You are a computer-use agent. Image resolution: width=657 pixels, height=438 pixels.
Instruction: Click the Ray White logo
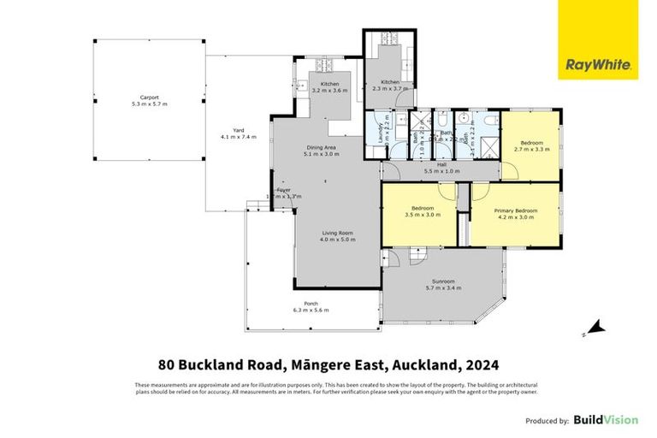coord(598,64)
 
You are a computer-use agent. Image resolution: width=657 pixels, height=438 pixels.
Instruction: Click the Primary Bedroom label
coord(515,213)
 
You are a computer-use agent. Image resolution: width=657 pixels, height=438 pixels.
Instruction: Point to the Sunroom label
coord(442,284)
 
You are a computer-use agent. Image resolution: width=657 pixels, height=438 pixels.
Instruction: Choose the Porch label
coord(311,306)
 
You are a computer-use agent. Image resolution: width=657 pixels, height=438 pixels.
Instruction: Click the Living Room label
coord(336,236)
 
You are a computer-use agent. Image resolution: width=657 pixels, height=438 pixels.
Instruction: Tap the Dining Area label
coord(322,151)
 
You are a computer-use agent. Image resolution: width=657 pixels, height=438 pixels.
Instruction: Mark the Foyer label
coord(282,192)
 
